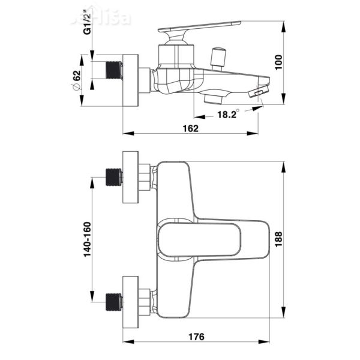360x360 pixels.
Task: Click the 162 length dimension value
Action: [x=190, y=128]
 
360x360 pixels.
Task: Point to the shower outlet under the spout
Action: [x=214, y=97]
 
